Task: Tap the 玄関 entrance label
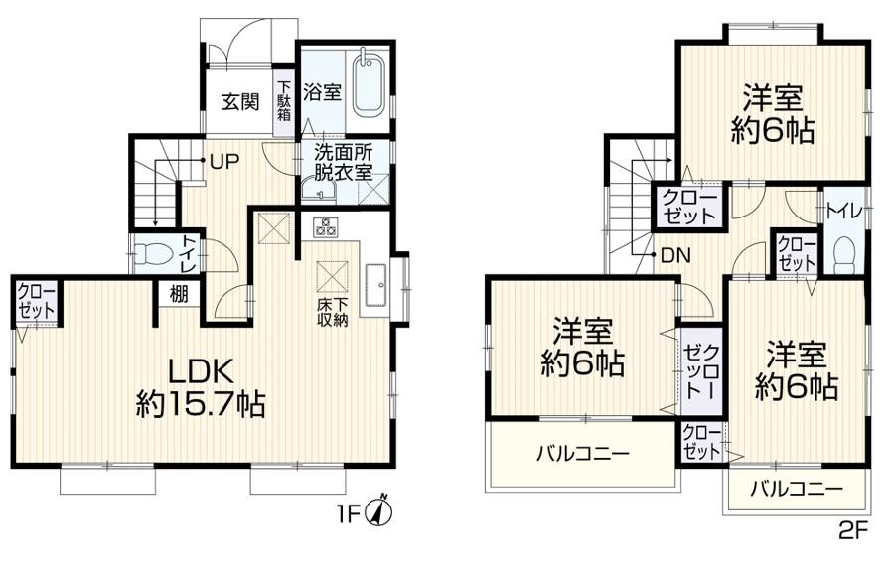[x=240, y=102]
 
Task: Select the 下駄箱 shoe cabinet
[x=284, y=102]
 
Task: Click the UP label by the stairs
[x=224, y=163]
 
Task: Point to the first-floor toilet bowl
[x=151, y=253]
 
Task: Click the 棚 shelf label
[x=179, y=295]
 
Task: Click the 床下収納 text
[x=332, y=311]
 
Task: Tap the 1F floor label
[x=350, y=514]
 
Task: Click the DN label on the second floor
[x=675, y=256]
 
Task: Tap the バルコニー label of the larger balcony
[x=583, y=454]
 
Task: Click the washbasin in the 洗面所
[x=318, y=190]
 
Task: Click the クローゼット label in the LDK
[x=37, y=301]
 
